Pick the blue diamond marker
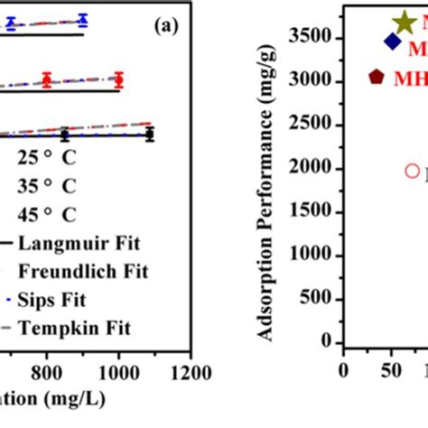pyautogui.click(x=392, y=42)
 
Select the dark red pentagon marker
pyautogui.click(x=377, y=78)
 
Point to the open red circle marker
pyautogui.click(x=412, y=170)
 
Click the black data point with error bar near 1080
pyautogui.click(x=150, y=135)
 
